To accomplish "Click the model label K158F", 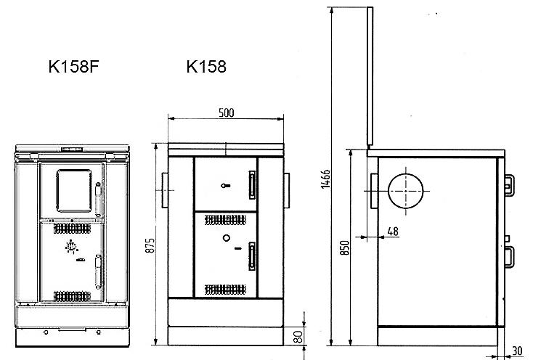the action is (73, 67).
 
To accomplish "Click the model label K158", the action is (206, 67).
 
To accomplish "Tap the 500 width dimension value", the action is (226, 112).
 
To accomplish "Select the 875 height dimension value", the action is (150, 245).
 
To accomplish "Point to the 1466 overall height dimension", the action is (325, 179).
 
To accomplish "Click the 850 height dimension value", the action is (345, 248).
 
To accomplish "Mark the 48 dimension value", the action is (393, 232).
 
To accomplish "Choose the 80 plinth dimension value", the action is (298, 337).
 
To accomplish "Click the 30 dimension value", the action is (517, 351).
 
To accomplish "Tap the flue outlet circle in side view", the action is (406, 191).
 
